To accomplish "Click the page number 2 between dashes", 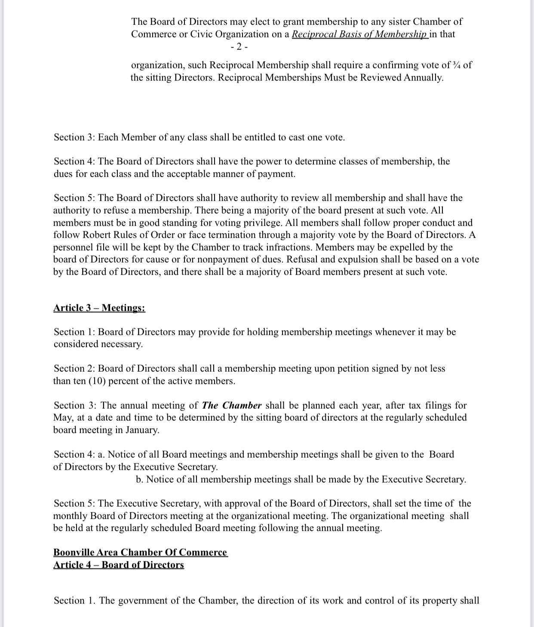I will tap(239, 46).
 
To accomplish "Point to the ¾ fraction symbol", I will tap(457, 65).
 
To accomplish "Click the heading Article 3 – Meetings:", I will tap(99, 308).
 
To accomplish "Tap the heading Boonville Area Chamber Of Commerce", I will tap(140, 552).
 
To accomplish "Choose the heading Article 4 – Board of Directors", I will tap(119, 565).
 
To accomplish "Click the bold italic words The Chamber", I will tap(232, 405).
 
